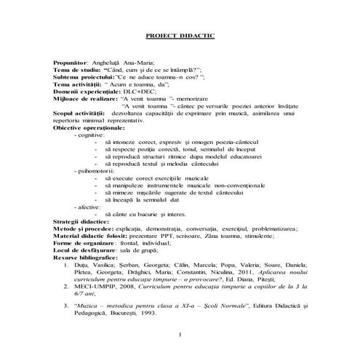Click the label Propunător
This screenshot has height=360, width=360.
pos(75,65)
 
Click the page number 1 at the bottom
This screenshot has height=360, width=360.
pos(180,334)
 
